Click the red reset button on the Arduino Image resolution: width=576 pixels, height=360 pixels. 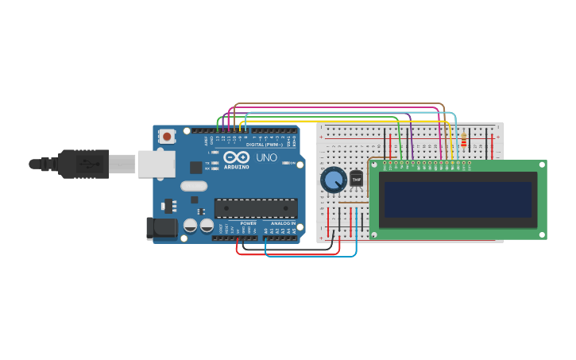point(167,136)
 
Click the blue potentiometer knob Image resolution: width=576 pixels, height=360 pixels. point(334,180)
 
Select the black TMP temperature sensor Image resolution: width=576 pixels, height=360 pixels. point(356,180)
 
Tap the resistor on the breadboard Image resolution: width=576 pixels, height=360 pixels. point(463,141)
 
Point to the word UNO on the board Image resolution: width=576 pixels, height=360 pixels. point(264,157)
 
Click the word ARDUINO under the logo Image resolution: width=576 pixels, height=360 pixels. point(236,167)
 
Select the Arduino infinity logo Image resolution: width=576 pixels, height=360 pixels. point(236,157)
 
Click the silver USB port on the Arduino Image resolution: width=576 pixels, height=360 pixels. point(156,164)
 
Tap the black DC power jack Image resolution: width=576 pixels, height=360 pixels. point(161,228)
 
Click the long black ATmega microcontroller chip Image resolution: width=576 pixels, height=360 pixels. point(256,208)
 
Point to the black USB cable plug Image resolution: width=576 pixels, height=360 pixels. point(83,164)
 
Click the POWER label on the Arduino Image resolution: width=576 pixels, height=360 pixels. point(249,223)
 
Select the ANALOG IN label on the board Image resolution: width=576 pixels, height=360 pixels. point(282,223)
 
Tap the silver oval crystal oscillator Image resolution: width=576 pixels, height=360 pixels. point(194,186)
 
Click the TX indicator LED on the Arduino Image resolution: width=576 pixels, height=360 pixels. point(215,163)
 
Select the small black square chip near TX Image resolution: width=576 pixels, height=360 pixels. point(195,167)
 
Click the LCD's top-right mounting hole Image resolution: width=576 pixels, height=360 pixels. point(543,165)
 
